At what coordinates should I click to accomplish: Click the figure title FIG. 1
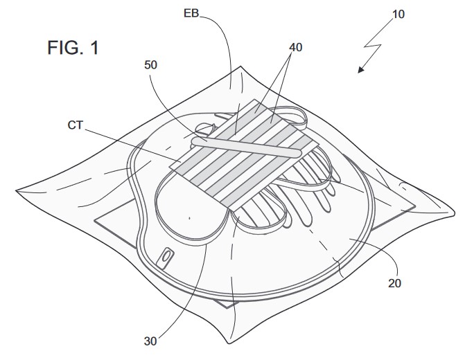coord(73,47)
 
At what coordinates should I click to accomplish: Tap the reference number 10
coord(398,15)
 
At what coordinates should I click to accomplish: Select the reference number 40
coord(296,47)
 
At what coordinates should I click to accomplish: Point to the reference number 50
coord(150,65)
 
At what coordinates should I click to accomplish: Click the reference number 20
coord(395,283)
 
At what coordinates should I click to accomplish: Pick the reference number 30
coord(150,341)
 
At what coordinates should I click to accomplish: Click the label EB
coord(191,13)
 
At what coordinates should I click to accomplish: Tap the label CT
coord(76,125)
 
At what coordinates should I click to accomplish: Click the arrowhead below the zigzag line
coord(360,70)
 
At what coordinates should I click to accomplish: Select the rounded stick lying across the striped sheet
coord(246,147)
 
